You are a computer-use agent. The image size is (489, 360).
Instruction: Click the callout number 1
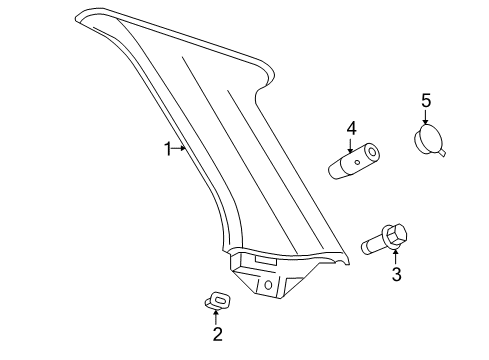click(169, 148)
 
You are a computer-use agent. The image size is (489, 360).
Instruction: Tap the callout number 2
click(217, 334)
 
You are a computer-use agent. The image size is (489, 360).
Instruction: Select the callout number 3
click(396, 274)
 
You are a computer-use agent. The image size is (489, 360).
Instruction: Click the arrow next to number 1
click(181, 148)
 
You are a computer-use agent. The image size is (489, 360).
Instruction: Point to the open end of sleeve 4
click(373, 154)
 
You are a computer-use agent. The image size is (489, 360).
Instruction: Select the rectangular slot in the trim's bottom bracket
click(267, 262)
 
